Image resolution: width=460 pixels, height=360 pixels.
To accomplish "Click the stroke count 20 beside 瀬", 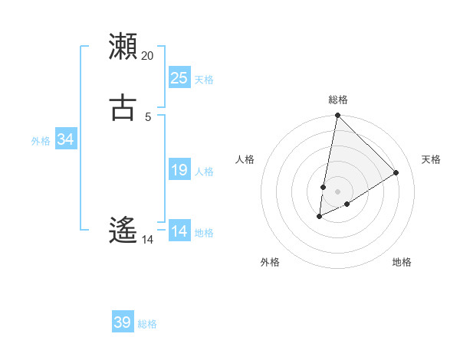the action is (x=148, y=56).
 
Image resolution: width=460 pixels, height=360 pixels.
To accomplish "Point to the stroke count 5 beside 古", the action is (x=148, y=116).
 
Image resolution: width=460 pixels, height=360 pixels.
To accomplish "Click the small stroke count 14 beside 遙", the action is (x=148, y=239).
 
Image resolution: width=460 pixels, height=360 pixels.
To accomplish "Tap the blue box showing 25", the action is (x=179, y=78).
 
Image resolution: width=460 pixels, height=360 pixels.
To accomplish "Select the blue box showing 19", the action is (x=179, y=170).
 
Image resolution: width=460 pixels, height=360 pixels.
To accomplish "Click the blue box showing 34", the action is (x=65, y=139).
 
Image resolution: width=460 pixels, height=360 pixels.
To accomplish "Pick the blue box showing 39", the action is (x=123, y=322).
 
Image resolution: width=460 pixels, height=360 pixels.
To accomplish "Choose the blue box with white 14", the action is (x=179, y=231).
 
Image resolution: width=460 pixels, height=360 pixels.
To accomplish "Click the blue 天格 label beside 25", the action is (x=204, y=80).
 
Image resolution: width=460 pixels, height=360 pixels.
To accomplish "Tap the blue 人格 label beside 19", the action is (x=204, y=172).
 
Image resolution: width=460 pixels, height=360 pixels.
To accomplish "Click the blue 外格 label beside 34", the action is (x=41, y=141).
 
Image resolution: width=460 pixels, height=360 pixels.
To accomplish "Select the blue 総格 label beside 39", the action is (x=147, y=324).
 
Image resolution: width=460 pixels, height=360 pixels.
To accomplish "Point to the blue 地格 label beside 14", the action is (x=204, y=233).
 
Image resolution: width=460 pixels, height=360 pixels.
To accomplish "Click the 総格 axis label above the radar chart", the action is (x=338, y=100).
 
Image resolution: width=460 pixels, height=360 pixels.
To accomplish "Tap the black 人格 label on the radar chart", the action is (x=245, y=159).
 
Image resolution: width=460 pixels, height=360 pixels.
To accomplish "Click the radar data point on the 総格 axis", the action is (x=337, y=116).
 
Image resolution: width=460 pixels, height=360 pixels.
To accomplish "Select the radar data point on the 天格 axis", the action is (x=396, y=172).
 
